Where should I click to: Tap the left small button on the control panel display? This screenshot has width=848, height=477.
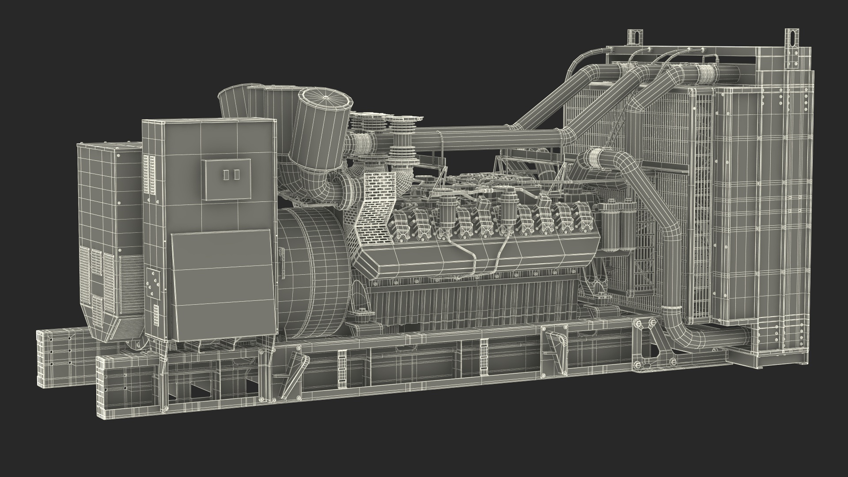(227, 174)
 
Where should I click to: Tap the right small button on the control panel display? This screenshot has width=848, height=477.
(237, 174)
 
